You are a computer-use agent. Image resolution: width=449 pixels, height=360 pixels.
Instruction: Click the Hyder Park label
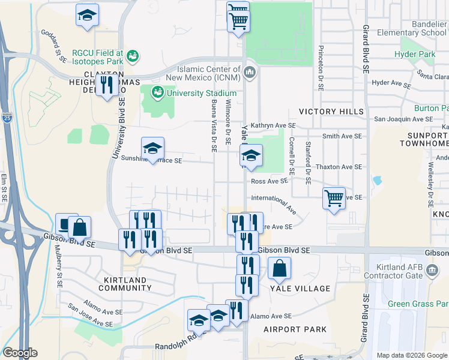tap(414, 55)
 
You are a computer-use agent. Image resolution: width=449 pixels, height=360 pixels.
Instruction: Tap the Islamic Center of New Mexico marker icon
tap(250, 73)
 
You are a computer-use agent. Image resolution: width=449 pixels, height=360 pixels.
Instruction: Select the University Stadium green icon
tap(158, 92)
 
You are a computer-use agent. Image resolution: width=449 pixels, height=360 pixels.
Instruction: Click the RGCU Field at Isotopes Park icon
tap(133, 57)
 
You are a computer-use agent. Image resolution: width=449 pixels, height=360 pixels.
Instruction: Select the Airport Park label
tap(295, 329)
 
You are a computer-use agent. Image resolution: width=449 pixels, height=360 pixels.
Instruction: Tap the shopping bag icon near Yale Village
tap(280, 270)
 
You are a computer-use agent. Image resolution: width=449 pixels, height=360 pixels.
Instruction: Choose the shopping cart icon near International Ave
tap(334, 199)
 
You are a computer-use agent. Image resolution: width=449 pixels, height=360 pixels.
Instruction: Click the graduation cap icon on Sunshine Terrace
tap(152, 149)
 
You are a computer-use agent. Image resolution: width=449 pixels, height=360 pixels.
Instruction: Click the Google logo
tap(20, 353)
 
